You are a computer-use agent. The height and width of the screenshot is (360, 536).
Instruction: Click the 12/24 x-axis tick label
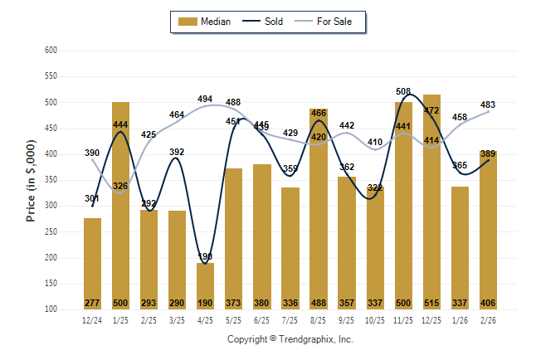point(92,319)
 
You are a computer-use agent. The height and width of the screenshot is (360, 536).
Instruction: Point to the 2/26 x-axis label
point(488,319)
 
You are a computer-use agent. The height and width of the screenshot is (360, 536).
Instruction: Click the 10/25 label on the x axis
point(375,319)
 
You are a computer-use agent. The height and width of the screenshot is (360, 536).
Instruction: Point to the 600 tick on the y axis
point(51,51)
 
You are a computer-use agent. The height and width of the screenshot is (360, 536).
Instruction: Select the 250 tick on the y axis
point(51,231)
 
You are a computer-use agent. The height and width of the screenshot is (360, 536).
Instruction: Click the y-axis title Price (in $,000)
point(31,179)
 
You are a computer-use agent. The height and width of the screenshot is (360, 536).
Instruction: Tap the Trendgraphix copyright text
point(290,339)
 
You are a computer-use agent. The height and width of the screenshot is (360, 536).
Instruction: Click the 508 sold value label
point(404,92)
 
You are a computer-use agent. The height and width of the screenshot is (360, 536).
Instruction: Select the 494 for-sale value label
point(205,99)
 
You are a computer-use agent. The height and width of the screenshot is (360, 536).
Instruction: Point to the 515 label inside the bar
point(431,303)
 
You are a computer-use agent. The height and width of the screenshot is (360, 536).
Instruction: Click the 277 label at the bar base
point(92,303)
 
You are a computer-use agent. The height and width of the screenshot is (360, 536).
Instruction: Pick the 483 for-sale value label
point(488,105)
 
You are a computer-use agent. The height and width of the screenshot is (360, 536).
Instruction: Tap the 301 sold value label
point(92,199)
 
